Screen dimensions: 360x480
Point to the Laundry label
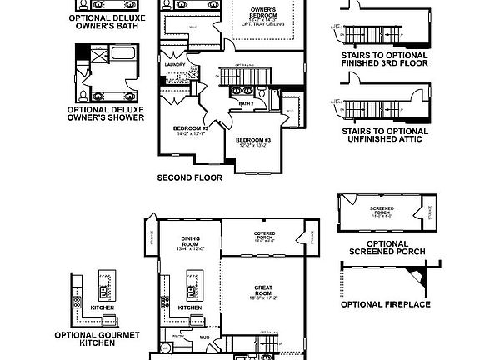click(x=175, y=65)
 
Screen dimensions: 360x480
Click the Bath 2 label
click(x=246, y=103)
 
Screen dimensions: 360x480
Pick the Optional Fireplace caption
click(x=386, y=304)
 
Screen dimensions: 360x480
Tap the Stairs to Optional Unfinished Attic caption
click(x=385, y=135)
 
